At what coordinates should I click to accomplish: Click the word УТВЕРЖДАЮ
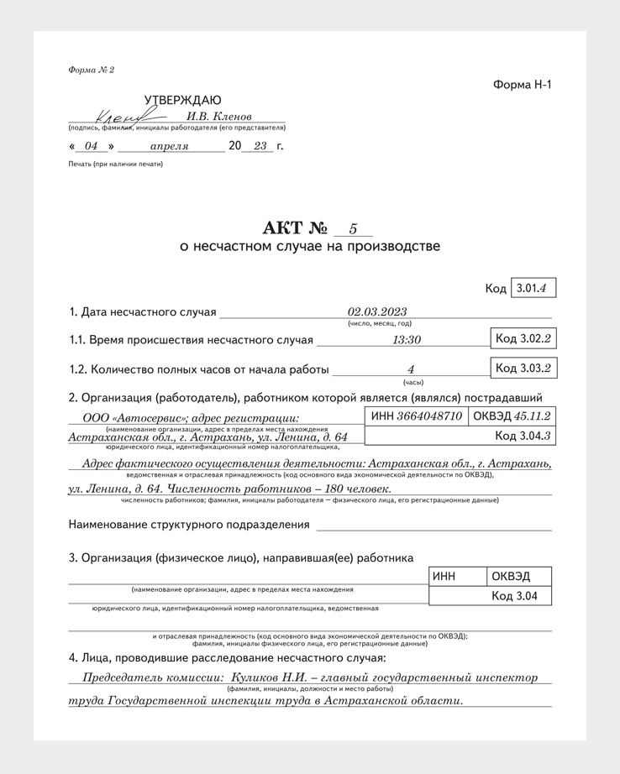183,100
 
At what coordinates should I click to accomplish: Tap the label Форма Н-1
522,84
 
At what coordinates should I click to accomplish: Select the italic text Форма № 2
91,70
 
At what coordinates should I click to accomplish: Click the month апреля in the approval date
169,146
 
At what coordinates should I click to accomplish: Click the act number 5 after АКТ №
353,228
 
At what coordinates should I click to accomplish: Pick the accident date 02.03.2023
377,311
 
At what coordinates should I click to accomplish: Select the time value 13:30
407,340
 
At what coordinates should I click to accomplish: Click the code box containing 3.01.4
533,288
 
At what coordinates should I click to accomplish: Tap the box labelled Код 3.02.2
523,338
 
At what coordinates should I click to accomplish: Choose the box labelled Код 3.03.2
523,368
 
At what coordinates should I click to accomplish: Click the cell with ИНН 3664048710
417,416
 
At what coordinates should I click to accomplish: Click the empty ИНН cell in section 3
457,576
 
